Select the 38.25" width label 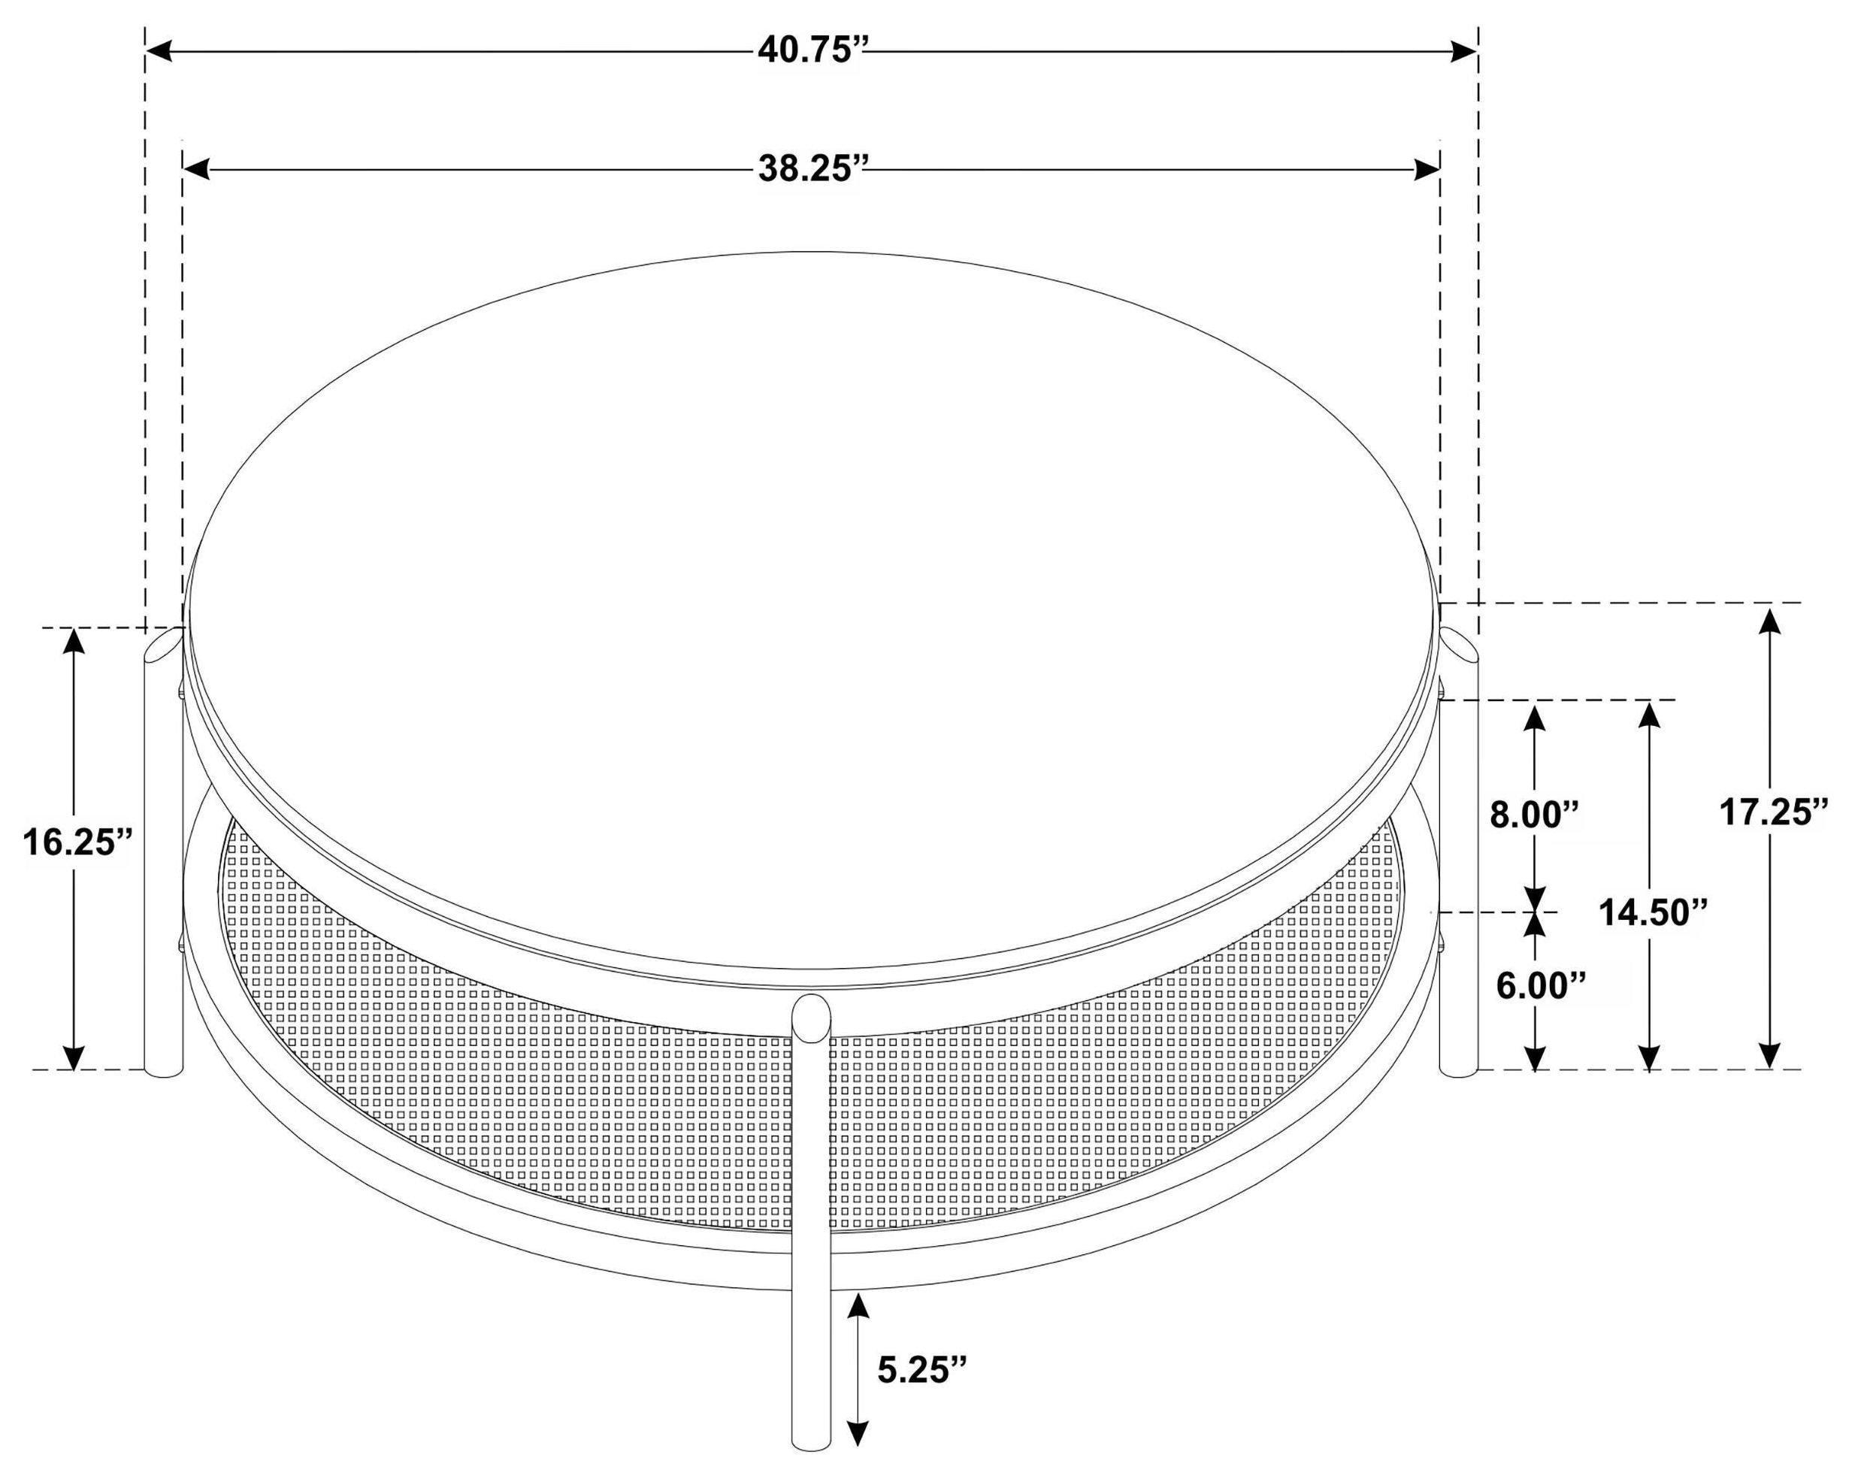click(x=809, y=168)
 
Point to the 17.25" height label click(x=1773, y=811)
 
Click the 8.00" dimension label click(x=1535, y=814)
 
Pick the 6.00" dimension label click(x=1540, y=986)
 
